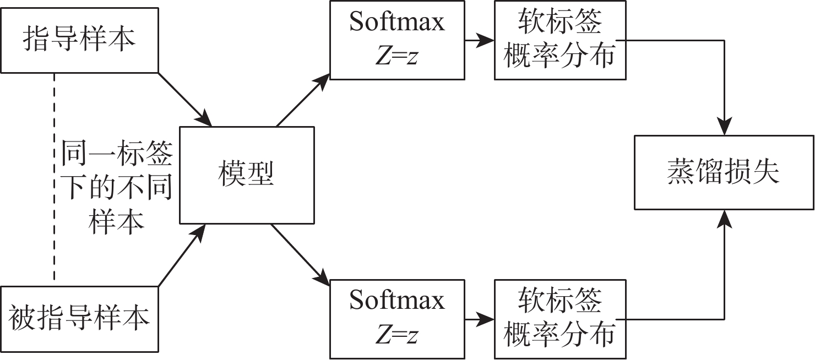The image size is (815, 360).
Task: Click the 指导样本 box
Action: click(79, 40)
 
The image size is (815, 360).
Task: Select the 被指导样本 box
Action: click(79, 318)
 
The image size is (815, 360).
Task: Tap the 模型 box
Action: click(247, 175)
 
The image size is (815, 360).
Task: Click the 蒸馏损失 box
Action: click(724, 172)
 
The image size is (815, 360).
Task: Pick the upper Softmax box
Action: click(396, 40)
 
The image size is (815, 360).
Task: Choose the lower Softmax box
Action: click(396, 318)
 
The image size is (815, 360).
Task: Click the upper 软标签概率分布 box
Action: click(560, 40)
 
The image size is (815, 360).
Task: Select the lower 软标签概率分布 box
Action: click(560, 318)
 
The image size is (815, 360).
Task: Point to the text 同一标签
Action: click(116, 155)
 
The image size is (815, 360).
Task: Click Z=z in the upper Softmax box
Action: click(396, 56)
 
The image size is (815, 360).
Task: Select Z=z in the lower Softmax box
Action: click(396, 334)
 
